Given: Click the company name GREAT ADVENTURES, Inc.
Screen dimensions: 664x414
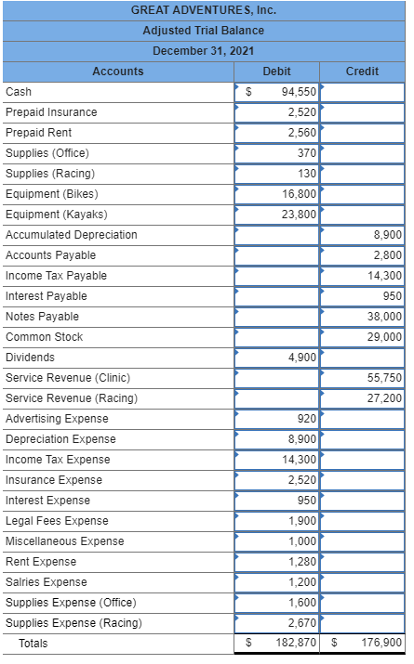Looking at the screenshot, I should click(204, 11).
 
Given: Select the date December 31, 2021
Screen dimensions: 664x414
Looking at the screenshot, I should click(204, 50).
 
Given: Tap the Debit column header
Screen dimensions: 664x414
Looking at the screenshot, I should click(276, 72).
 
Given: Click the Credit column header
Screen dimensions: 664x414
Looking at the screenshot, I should click(362, 72).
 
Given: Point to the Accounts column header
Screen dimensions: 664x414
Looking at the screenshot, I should click(118, 72).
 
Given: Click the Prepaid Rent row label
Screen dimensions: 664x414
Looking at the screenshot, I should click(39, 133).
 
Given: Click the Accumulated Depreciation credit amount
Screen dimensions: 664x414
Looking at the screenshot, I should click(387, 235).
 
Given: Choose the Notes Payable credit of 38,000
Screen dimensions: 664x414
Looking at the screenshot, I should click(384, 317).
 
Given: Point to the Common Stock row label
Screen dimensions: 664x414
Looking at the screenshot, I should click(44, 337).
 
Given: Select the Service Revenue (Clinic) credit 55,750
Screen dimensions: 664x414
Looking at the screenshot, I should click(384, 378).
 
